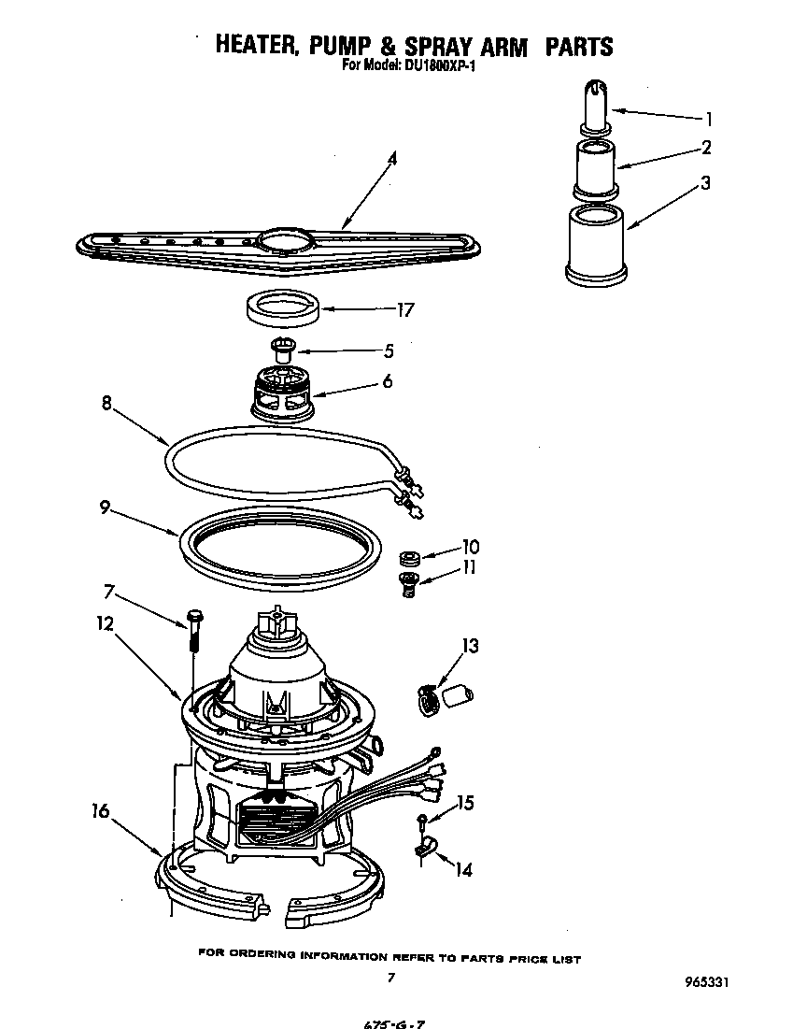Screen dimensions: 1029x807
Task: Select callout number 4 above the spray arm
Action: (392, 159)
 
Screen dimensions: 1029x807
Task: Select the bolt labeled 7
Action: (193, 628)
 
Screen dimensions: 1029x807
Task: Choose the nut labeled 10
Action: (406, 559)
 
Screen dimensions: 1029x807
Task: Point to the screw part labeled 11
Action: (406, 585)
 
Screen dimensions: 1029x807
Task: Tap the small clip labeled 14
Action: (421, 850)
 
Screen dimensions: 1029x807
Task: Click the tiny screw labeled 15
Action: (422, 822)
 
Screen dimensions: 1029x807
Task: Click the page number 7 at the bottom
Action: (391, 979)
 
